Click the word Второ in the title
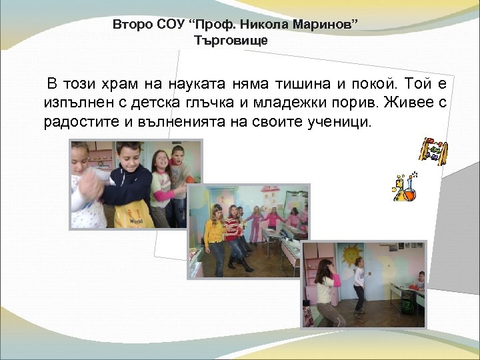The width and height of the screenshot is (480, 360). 129,25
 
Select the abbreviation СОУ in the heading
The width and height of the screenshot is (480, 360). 167,25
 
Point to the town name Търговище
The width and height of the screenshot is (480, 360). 231,41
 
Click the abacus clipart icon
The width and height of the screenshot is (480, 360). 433,151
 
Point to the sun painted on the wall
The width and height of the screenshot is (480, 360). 351,256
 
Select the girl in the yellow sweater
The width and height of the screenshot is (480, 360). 214,237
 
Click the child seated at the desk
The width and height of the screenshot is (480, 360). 418,283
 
